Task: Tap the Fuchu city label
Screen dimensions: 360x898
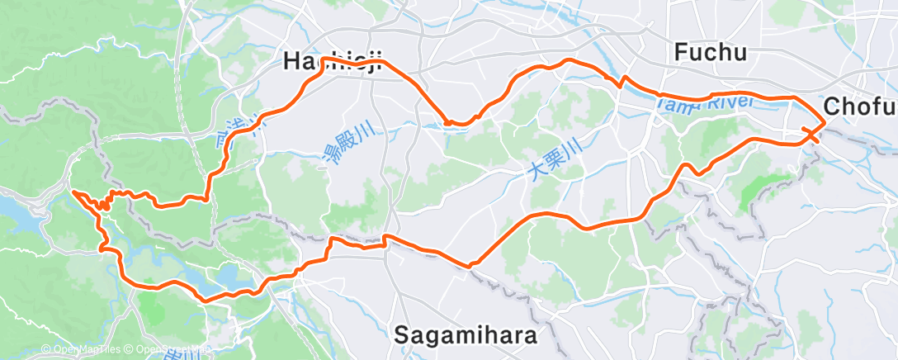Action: pyautogui.click(x=711, y=53)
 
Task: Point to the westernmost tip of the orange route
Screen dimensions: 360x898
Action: pyautogui.click(x=73, y=192)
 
